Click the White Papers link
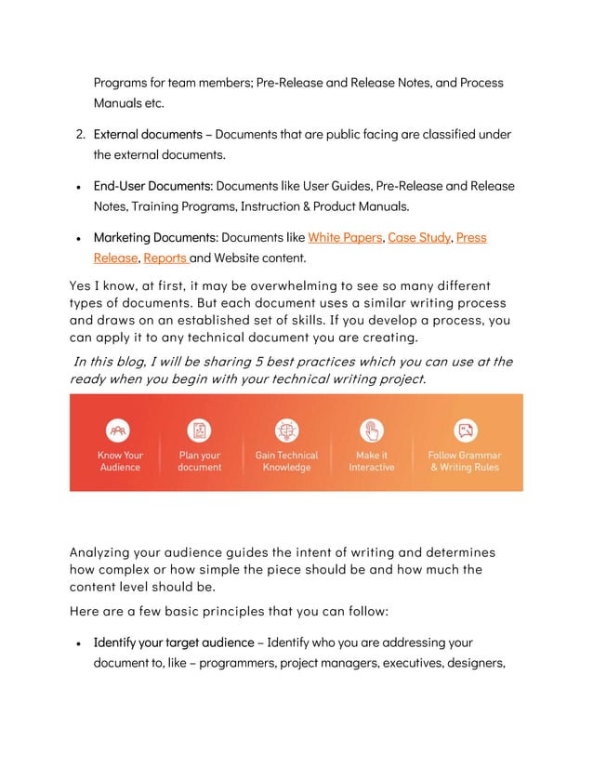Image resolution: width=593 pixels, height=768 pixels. click(x=345, y=238)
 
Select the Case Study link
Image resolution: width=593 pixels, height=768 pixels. click(x=419, y=238)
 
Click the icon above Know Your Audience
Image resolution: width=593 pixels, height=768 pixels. click(x=120, y=430)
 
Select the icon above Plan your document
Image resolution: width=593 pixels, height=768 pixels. click(x=200, y=430)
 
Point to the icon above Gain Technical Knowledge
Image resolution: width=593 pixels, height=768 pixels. click(x=286, y=430)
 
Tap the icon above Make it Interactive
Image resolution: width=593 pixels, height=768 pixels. click(x=372, y=430)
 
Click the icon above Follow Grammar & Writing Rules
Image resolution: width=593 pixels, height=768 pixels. click(x=465, y=430)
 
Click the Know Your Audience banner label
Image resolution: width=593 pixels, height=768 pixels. click(x=120, y=461)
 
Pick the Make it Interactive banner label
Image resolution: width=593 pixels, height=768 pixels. click(x=372, y=461)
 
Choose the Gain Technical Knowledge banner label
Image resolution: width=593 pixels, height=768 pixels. click(x=286, y=461)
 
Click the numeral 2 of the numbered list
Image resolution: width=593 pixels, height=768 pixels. click(x=80, y=135)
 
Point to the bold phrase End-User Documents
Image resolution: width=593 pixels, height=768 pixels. click(x=152, y=186)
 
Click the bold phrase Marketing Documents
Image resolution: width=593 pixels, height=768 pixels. click(x=155, y=238)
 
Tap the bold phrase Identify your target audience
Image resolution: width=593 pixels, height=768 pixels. click(x=173, y=642)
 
